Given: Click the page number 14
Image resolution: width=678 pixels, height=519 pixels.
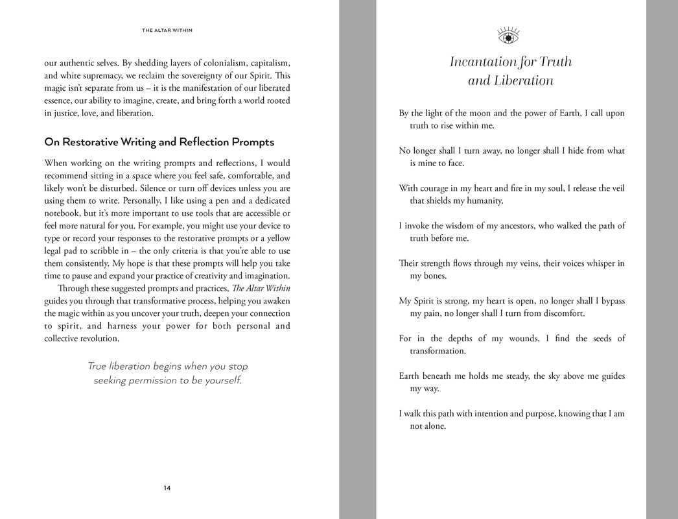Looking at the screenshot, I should click(x=167, y=488).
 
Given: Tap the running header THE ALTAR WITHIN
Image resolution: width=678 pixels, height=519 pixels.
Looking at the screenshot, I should click(x=167, y=30).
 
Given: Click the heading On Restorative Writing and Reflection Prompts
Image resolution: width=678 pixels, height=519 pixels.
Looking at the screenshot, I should click(x=159, y=142).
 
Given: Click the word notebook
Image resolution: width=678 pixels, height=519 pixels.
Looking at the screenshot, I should click(x=64, y=213).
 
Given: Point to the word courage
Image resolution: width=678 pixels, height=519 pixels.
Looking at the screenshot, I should click(x=436, y=189).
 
